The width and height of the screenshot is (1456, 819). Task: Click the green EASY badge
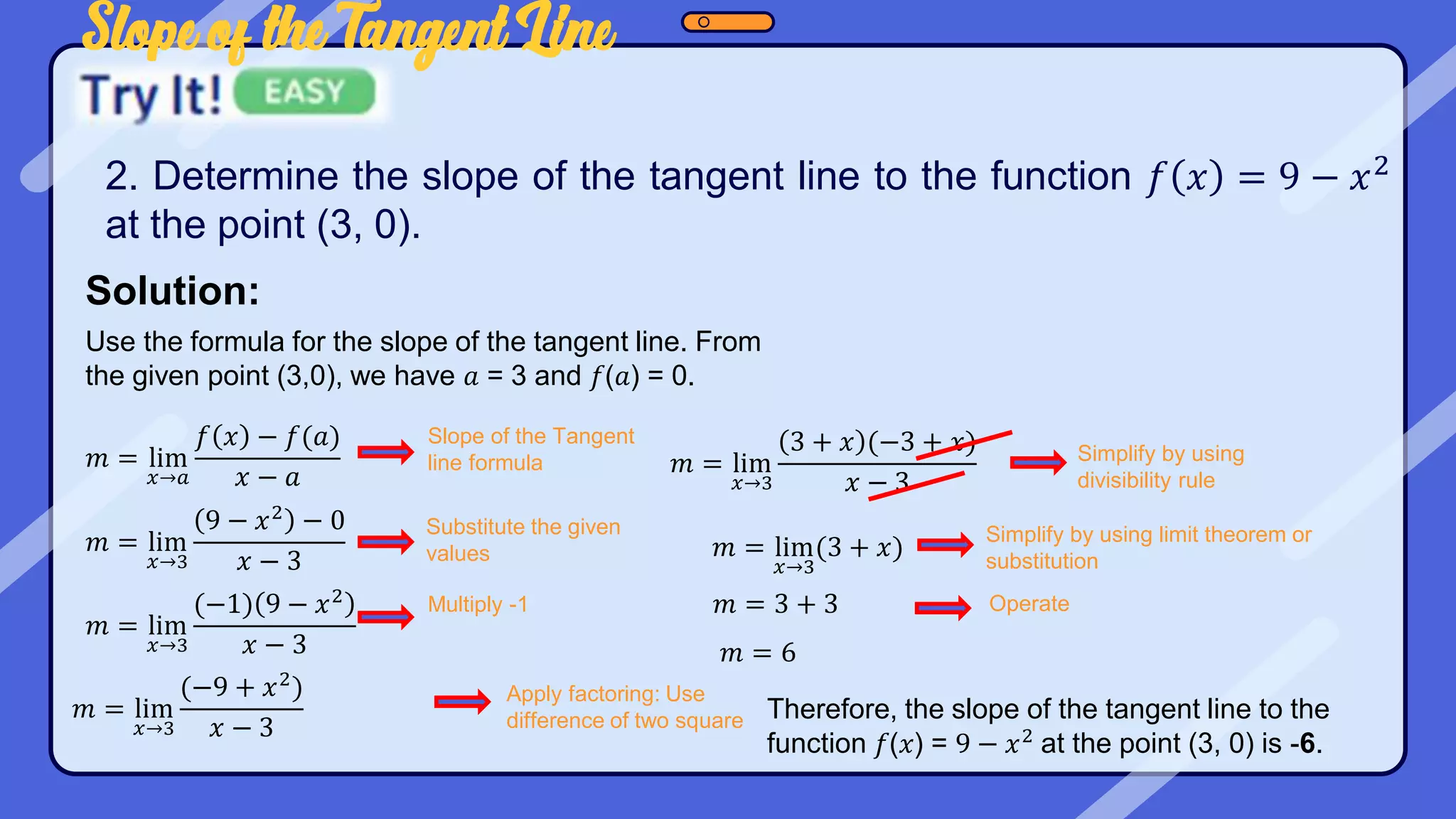[304, 92]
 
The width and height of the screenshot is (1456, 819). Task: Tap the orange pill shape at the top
[727, 22]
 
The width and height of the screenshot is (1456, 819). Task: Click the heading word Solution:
[173, 291]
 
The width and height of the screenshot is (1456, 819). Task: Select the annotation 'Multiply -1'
[478, 604]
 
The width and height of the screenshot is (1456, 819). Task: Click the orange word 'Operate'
[1029, 604]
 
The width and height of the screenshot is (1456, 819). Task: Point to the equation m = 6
[757, 653]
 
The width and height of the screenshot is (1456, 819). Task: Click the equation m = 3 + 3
[776, 604]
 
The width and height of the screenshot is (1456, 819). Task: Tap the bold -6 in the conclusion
[1305, 744]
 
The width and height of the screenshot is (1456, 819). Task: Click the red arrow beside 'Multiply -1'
[385, 616]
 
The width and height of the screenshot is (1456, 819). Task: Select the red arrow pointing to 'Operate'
[943, 607]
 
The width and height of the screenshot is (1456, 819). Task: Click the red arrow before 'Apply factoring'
[462, 702]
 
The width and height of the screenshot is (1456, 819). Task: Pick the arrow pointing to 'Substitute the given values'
[385, 542]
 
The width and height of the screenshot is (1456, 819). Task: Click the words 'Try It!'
[151, 95]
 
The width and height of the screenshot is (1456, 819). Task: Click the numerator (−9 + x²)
[242, 687]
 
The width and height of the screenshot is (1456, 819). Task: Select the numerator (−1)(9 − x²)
[274, 604]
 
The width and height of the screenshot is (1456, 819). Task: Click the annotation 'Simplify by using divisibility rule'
[1160, 466]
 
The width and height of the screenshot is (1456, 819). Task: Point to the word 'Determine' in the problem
[245, 176]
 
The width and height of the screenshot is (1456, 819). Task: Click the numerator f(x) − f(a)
[267, 437]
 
